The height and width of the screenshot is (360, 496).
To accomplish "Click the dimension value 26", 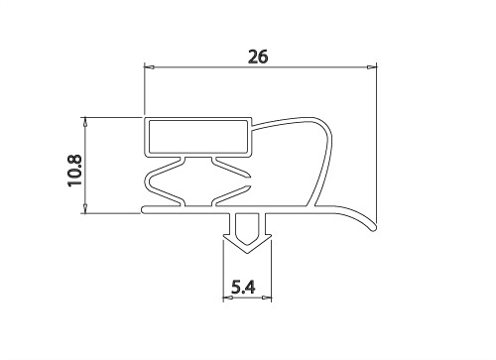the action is click(x=258, y=57).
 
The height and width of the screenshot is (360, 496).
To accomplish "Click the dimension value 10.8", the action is click(x=74, y=171).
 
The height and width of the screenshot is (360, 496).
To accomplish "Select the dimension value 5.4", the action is click(x=243, y=287).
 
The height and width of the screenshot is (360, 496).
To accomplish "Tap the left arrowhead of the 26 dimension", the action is click(x=149, y=67).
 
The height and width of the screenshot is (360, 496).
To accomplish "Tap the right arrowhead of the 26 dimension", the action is click(x=372, y=67).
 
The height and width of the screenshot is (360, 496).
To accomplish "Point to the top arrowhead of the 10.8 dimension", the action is click(x=85, y=122).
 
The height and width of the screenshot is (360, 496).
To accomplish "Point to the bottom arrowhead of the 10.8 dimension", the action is click(x=85, y=208).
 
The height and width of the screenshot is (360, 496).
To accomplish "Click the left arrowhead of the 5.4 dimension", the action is click(x=228, y=298).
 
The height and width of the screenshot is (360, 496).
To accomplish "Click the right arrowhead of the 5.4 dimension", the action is click(x=267, y=298).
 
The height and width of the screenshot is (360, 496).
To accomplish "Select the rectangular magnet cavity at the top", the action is click(x=198, y=137).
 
